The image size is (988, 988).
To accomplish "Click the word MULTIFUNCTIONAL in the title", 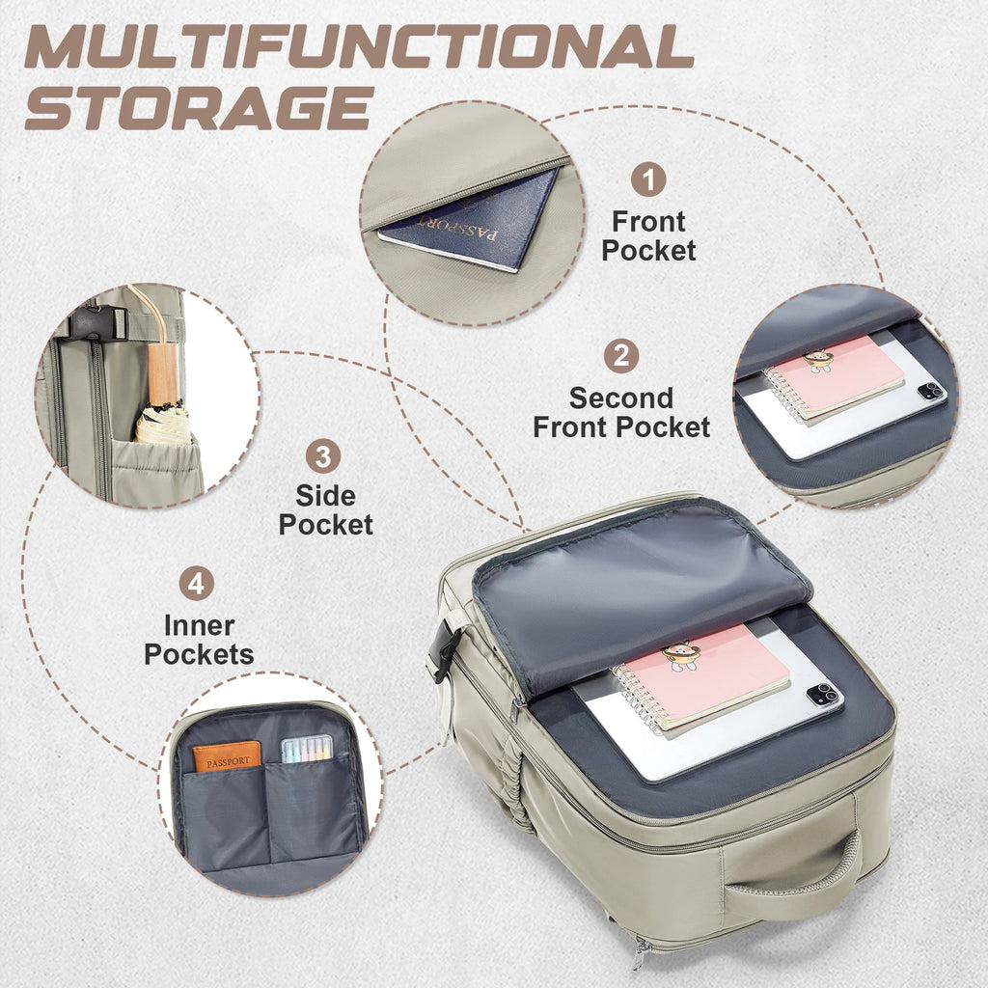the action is (360, 46).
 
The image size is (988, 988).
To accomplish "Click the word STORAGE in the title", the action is (200, 108).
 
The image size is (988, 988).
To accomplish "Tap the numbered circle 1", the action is (648, 179).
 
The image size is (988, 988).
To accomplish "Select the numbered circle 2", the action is (621, 356).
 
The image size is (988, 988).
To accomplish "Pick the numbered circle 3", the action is (323, 456).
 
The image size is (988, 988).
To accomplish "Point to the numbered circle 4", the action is (197, 584).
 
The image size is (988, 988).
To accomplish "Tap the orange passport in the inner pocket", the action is (226, 756).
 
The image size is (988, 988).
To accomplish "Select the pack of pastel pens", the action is (307, 749).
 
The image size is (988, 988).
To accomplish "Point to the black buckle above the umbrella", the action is (96, 322).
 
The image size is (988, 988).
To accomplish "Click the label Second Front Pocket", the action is (621, 413).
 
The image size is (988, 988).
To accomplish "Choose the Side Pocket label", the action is (326, 510).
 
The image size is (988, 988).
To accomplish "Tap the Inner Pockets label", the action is (199, 641).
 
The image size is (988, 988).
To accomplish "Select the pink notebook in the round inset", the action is (836, 378).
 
